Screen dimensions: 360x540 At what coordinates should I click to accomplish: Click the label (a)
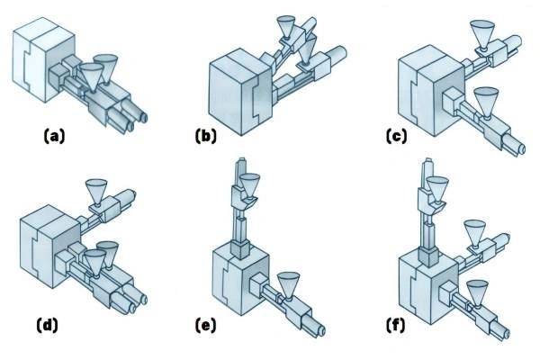click(55, 137)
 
